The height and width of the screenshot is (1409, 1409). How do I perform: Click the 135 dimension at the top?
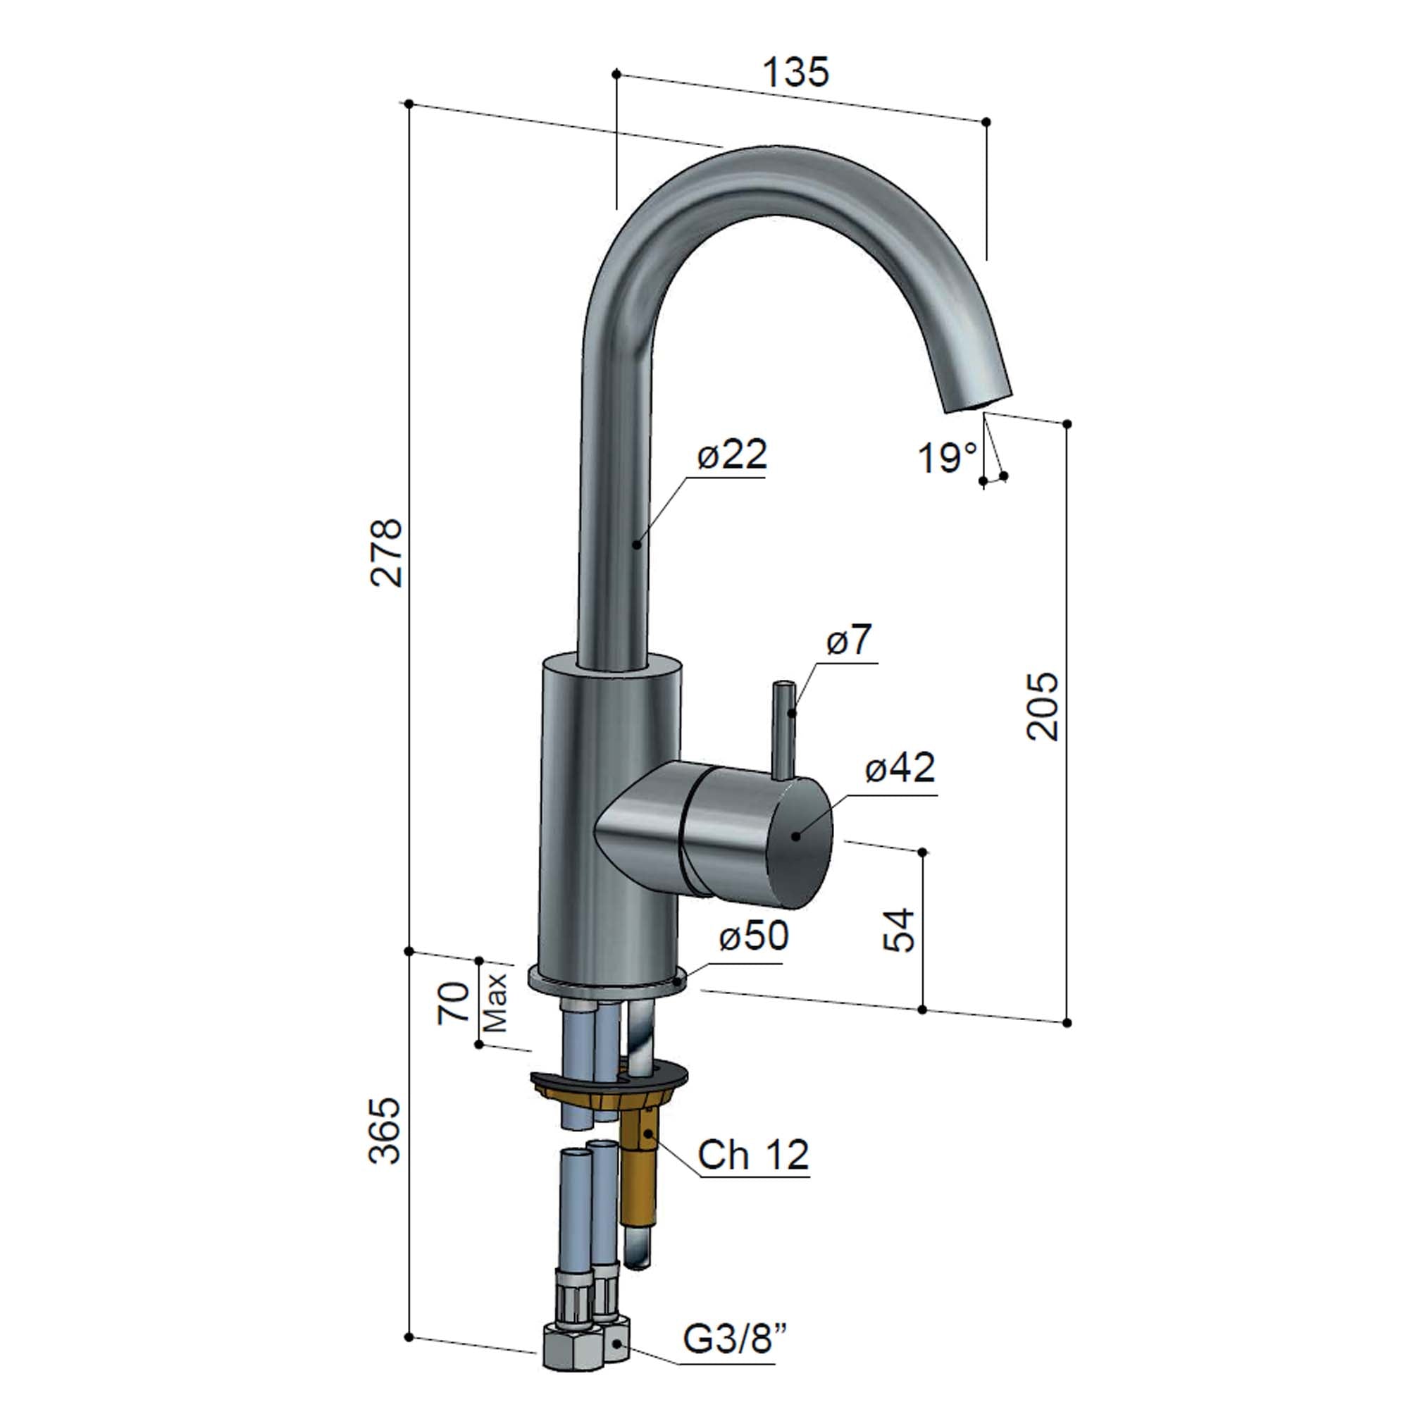(795, 72)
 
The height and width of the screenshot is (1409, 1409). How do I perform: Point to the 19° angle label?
(947, 458)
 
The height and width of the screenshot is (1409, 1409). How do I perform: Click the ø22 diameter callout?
(731, 455)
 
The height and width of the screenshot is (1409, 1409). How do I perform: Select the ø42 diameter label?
(900, 768)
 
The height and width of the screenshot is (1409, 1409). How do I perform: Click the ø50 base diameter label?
(753, 936)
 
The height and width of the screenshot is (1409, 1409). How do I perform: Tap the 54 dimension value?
(899, 930)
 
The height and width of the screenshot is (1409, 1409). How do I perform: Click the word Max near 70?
(496, 1003)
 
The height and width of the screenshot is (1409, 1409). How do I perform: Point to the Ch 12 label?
(752, 1155)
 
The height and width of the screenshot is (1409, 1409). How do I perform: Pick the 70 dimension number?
(454, 1003)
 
